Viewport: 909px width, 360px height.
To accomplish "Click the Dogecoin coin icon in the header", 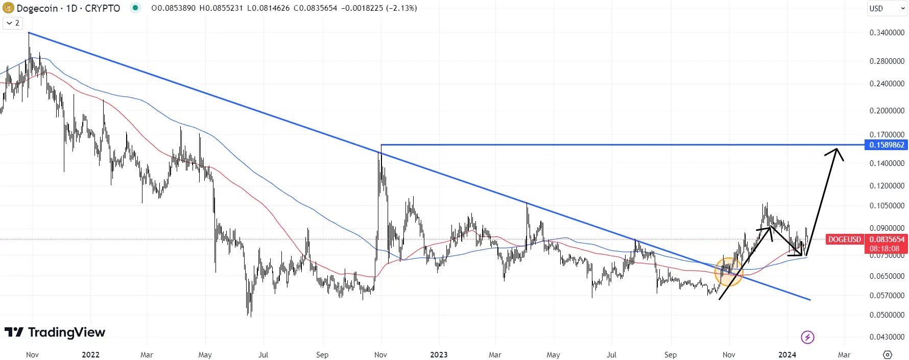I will tap(8, 8).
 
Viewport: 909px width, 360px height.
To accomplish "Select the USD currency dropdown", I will tap(887, 8).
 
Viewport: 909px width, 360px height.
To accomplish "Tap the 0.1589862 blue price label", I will tap(887, 145).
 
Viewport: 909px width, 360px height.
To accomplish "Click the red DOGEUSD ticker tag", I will tap(844, 239).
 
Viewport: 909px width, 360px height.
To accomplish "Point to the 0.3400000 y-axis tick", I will tap(887, 33).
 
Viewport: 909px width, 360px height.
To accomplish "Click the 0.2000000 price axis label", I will tap(887, 111).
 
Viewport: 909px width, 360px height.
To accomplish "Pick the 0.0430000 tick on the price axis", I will tap(887, 337).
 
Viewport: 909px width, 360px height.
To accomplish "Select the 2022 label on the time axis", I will tap(90, 355).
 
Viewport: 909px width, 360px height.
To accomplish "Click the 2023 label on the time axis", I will tap(439, 355).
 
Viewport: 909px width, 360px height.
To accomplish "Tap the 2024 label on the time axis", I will tap(787, 355).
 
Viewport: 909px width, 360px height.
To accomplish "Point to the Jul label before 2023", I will tap(263, 355).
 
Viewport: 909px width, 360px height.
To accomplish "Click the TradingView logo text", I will tap(66, 332).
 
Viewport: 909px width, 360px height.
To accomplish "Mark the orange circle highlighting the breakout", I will tap(728, 271).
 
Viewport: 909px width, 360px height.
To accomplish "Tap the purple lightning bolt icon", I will tap(807, 337).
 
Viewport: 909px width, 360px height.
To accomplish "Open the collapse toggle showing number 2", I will tap(13, 23).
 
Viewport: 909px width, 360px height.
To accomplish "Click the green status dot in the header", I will tap(135, 8).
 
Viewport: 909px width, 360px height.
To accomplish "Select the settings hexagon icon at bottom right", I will tap(887, 355).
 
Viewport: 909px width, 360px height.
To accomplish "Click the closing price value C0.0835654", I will tap(315, 8).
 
